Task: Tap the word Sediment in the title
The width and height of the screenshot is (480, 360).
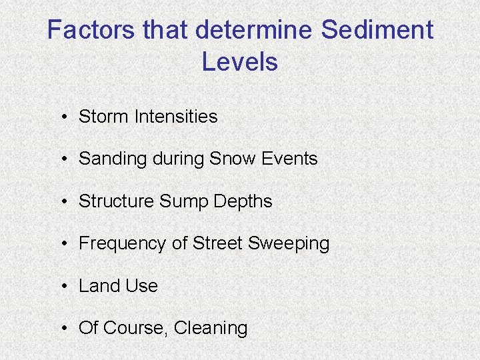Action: (377, 30)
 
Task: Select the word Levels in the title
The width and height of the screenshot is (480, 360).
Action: (239, 62)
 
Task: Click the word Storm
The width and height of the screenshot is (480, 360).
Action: (104, 117)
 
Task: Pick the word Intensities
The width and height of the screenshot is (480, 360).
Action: (176, 117)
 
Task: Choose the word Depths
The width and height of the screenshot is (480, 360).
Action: (243, 201)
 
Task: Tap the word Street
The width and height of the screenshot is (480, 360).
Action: (218, 243)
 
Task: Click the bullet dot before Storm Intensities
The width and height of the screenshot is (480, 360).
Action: (61, 117)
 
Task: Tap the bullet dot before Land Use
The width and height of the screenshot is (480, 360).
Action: (61, 287)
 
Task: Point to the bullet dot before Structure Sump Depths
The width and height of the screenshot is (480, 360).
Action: (61, 202)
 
